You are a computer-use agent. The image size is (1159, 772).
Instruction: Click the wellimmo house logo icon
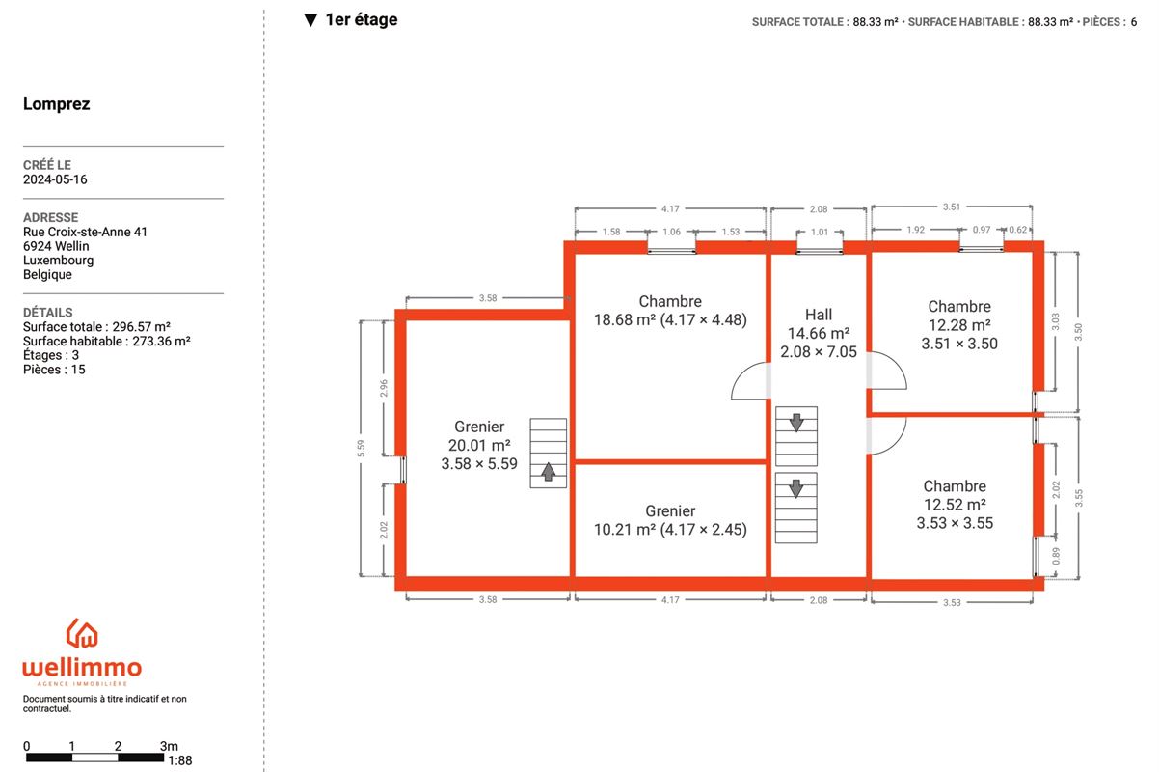pyautogui.click(x=82, y=633)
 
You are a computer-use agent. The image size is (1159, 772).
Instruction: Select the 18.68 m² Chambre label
pyautogui.click(x=670, y=311)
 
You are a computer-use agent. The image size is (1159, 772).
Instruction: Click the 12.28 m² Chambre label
pyautogui.click(x=959, y=325)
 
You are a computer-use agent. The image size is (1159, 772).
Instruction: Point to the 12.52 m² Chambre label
pyautogui.click(x=955, y=505)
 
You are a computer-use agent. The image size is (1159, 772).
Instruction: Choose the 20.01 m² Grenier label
pyautogui.click(x=479, y=445)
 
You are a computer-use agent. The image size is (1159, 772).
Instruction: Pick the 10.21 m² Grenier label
pyautogui.click(x=670, y=520)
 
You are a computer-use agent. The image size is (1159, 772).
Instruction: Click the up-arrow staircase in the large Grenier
pyautogui.click(x=548, y=453)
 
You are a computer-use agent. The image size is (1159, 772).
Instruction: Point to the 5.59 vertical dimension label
pyautogui.click(x=362, y=449)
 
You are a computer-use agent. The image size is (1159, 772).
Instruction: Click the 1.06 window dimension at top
pyautogui.click(x=672, y=232)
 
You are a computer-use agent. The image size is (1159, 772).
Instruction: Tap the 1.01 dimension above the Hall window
pyautogui.click(x=820, y=232)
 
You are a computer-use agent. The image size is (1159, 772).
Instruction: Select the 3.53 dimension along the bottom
pyautogui.click(x=952, y=603)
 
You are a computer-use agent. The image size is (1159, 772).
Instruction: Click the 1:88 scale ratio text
pyautogui.click(x=180, y=760)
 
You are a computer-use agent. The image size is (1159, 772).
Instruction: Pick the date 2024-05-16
pyautogui.click(x=55, y=179)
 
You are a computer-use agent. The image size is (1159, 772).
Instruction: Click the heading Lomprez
pyautogui.click(x=56, y=104)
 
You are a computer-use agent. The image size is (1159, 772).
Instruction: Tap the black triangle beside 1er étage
pyautogui.click(x=310, y=20)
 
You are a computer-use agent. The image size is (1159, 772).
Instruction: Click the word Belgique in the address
pyautogui.click(x=47, y=274)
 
